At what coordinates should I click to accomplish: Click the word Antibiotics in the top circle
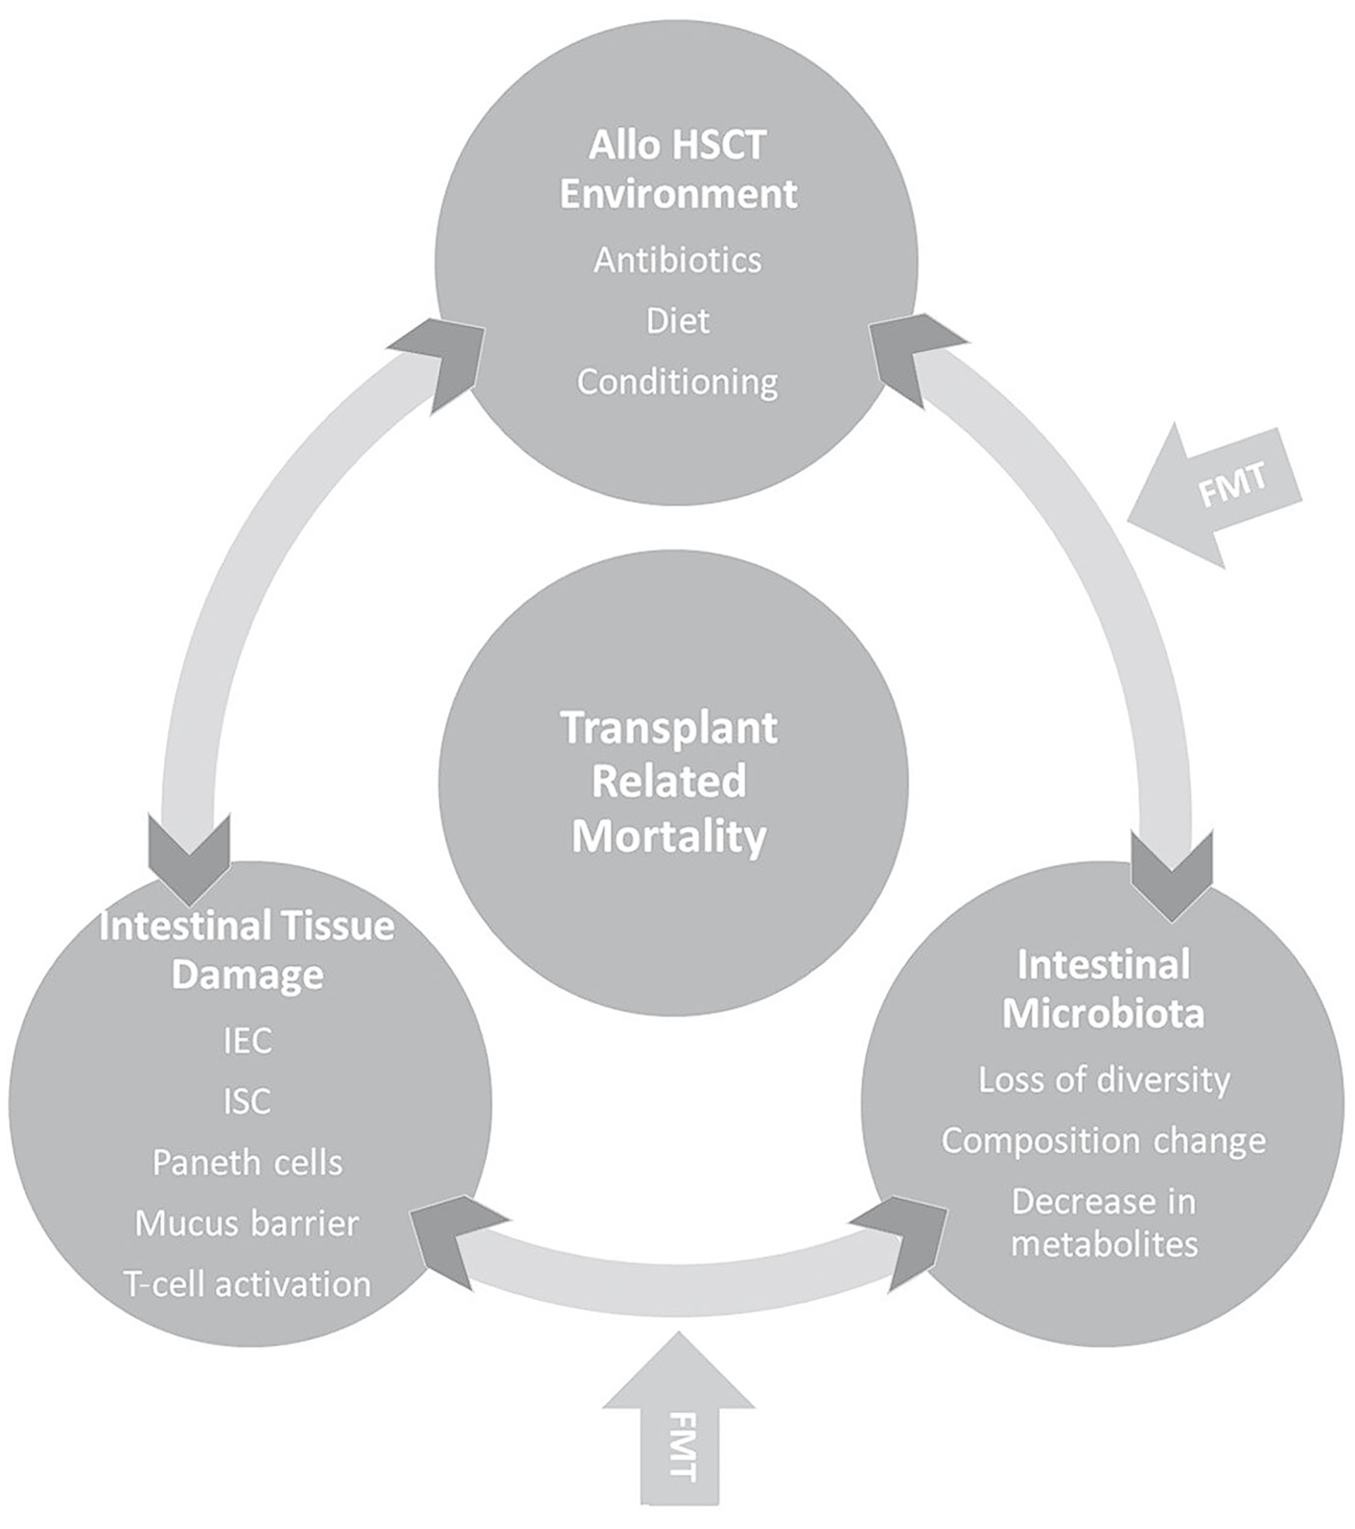coord(677,260)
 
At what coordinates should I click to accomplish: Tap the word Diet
coord(677,321)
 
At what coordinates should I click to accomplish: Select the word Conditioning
coord(677,382)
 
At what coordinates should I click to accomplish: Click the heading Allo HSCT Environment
coord(677,169)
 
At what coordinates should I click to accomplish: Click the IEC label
coord(247,1041)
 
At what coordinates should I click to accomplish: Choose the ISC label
coord(247,1101)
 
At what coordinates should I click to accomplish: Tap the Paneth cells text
coord(247,1163)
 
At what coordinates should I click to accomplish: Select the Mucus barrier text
coord(247,1223)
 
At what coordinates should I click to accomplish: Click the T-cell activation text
coord(247,1284)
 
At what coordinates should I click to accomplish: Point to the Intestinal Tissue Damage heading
coord(247,950)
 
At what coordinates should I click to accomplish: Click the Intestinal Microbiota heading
coord(1104,989)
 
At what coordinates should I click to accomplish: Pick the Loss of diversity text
coord(1104,1079)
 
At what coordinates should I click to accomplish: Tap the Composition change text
coord(1104,1141)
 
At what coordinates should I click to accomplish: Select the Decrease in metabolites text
coord(1104,1223)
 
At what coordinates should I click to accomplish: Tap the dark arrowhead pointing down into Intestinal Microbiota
coord(1171,875)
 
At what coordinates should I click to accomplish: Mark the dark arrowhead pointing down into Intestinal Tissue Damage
coord(189,860)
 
